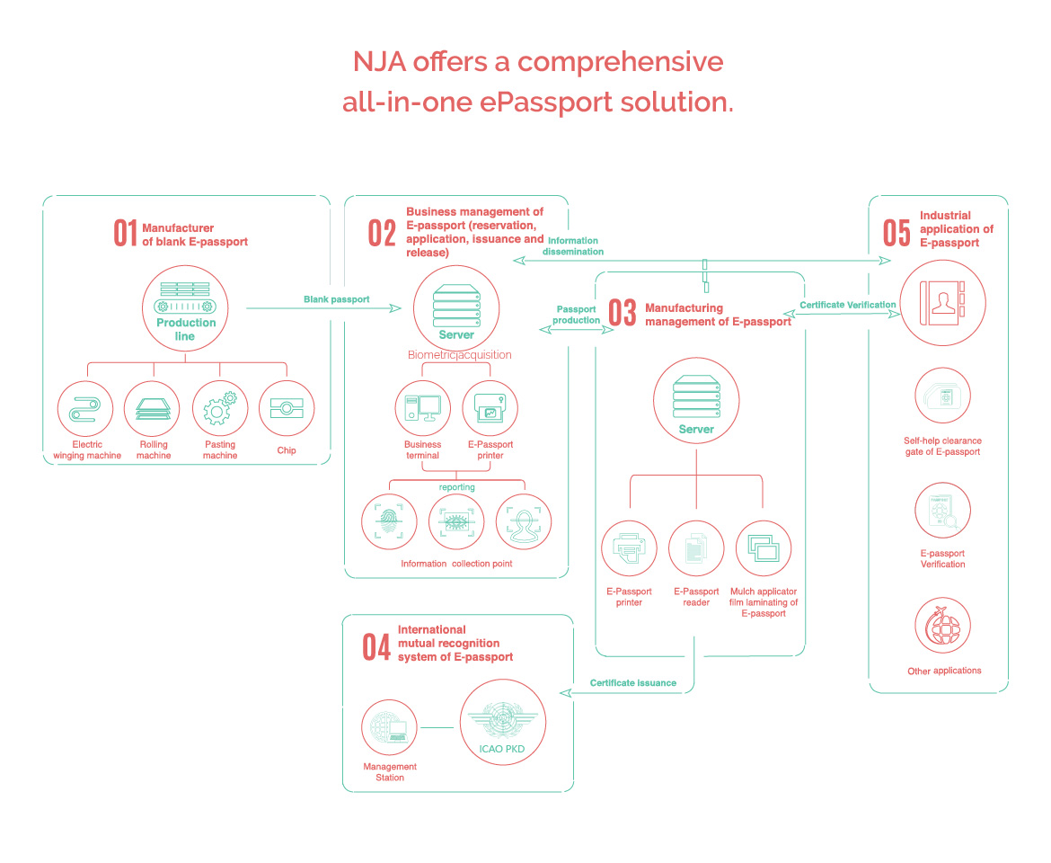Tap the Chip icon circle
coord(287,408)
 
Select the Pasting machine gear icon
coord(220,408)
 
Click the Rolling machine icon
coord(153,408)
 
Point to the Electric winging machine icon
coord(85,408)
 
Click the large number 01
coord(125,233)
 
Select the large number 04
coord(376,647)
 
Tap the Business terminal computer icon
coord(423,408)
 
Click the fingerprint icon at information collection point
coord(389,521)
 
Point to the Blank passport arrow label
coord(336,299)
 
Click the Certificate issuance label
coord(632,683)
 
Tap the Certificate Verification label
coord(847,305)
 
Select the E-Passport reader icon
coord(696,548)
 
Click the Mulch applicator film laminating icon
coord(763,548)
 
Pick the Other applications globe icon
coord(942,627)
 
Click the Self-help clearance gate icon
coord(942,396)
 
